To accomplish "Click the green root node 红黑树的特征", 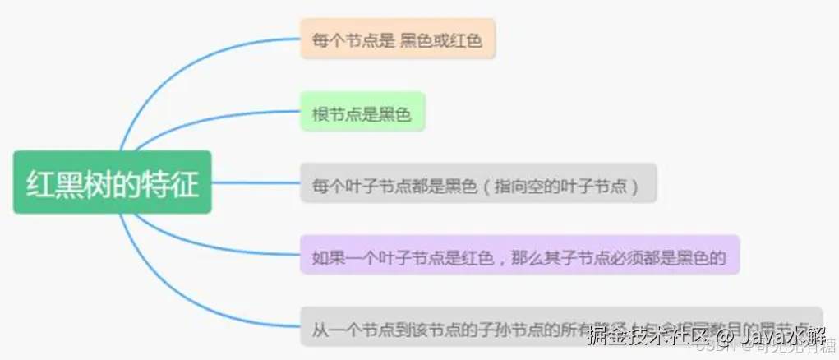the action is tap(113, 182).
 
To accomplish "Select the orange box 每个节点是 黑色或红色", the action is tap(398, 39).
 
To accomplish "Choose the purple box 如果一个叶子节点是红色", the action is tap(519, 255).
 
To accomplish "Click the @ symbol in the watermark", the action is tap(723, 336).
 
